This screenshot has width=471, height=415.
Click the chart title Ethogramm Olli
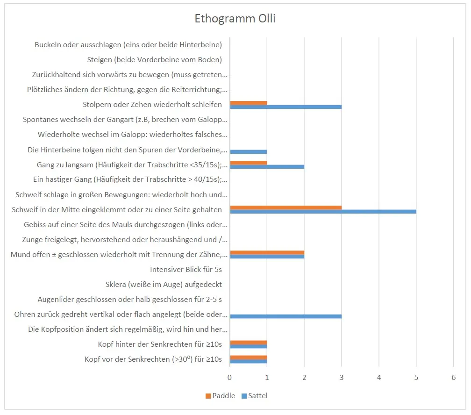tap(235, 19)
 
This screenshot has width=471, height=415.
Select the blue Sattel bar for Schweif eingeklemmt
tap(323, 212)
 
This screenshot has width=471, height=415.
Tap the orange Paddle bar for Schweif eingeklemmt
tap(285, 207)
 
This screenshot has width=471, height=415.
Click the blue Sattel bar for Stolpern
tap(285, 107)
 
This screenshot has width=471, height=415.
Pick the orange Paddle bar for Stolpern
tap(248, 103)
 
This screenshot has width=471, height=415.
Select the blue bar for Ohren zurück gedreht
tap(285, 316)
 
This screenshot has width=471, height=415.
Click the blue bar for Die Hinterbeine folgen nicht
tap(248, 151)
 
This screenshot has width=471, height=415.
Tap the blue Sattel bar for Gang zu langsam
tap(267, 166)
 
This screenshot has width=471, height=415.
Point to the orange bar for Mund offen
tap(267, 252)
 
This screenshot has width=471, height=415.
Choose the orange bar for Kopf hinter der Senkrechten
tap(248, 342)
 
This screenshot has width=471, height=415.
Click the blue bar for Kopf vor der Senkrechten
tap(248, 361)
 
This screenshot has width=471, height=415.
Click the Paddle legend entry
tap(220, 396)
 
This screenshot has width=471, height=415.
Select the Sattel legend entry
tap(254, 396)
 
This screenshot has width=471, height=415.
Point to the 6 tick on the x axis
tap(453, 377)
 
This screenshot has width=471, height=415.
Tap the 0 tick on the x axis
tap(229, 377)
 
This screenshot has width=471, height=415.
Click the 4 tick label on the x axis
tap(379, 377)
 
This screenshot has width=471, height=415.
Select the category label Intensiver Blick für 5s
tap(186, 269)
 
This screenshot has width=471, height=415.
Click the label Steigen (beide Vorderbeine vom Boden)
tap(154, 59)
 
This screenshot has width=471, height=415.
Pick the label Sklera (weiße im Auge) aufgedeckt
tap(164, 284)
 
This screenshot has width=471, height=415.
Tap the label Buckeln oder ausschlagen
tap(128, 45)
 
